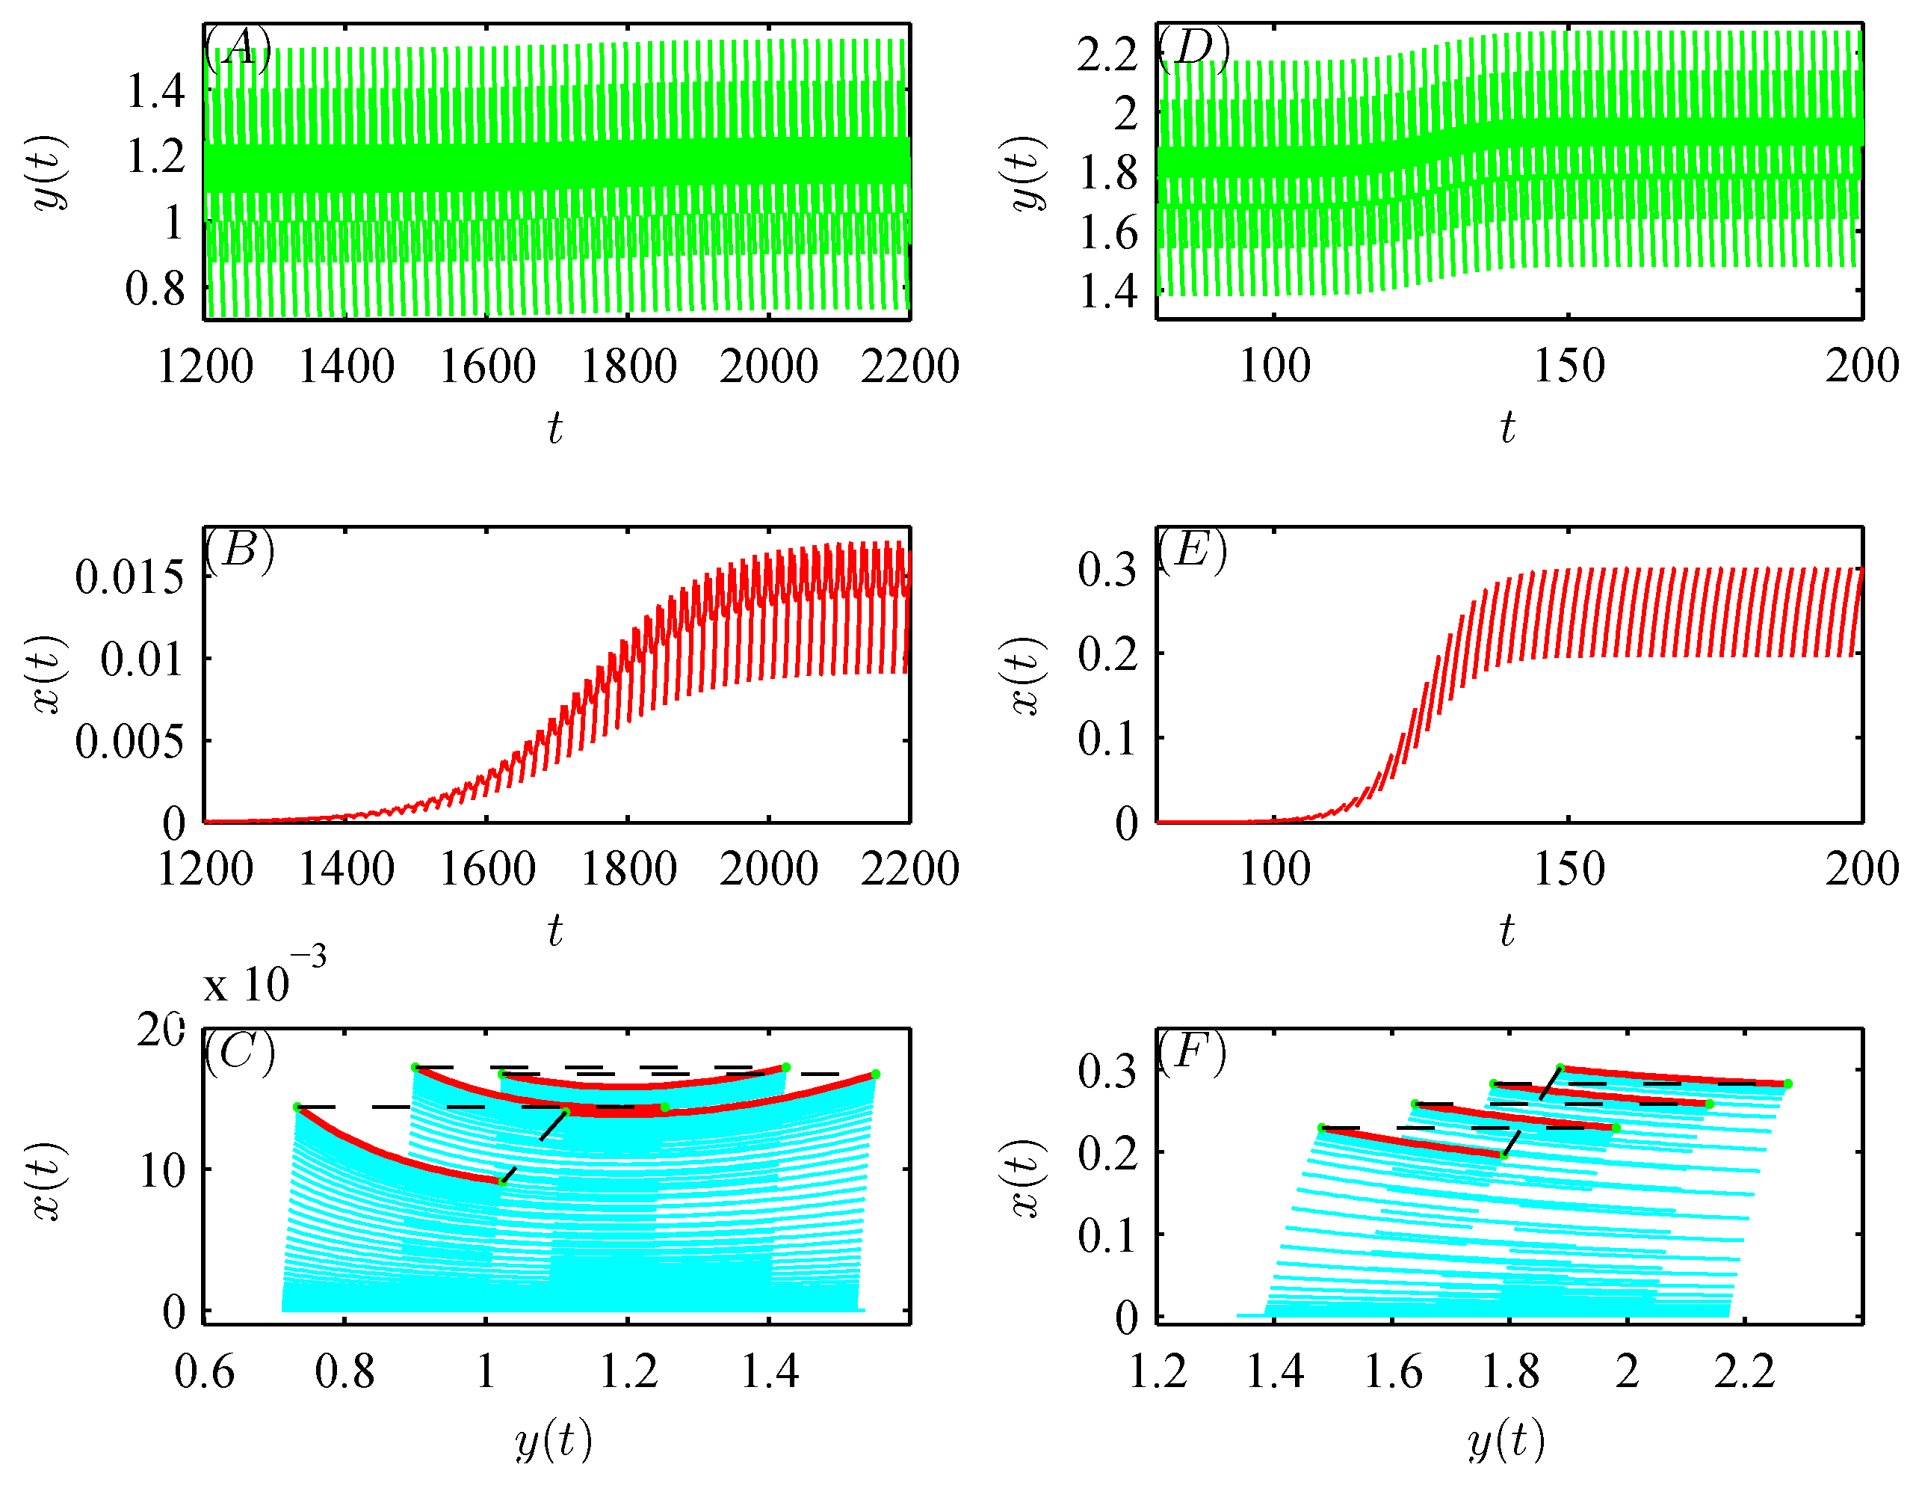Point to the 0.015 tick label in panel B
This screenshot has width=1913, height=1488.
tap(129, 577)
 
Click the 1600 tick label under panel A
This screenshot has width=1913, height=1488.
tap(487, 366)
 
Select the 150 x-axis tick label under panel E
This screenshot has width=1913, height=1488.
tap(1569, 870)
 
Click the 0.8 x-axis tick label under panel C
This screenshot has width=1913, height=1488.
tap(345, 1372)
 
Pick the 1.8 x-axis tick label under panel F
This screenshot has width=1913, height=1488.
tap(1510, 1372)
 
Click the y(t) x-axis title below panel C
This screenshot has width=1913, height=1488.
tap(554, 1442)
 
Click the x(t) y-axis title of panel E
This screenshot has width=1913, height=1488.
tap(1024, 674)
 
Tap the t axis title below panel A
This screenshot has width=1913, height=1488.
tap(554, 428)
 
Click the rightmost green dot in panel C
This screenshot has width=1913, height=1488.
tap(875, 1075)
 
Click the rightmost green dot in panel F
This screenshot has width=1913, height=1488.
tap(1787, 1084)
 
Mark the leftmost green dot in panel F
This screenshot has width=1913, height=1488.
tap(1322, 1128)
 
